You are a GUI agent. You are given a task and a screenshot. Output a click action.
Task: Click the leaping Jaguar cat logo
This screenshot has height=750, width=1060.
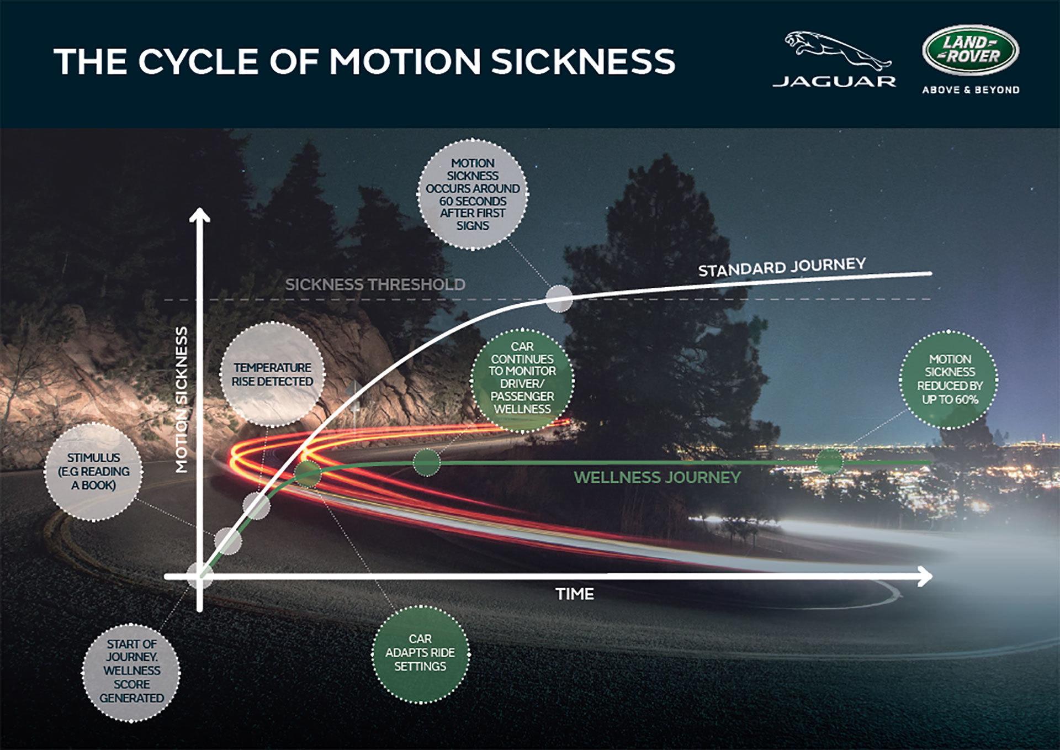(836, 51)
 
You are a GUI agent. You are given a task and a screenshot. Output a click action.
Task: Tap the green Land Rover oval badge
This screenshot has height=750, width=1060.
(970, 50)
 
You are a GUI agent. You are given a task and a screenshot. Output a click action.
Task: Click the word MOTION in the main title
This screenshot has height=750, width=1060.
(405, 61)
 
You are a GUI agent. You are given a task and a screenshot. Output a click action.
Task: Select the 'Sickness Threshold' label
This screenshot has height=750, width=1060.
(375, 284)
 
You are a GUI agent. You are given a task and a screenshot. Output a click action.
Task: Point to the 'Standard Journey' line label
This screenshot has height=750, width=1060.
(782, 267)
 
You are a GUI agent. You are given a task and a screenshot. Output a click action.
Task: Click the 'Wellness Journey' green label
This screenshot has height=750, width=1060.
(657, 477)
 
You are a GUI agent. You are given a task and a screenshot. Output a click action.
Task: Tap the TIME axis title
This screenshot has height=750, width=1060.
(575, 594)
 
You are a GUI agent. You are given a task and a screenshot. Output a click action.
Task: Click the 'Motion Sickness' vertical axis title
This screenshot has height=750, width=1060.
(182, 399)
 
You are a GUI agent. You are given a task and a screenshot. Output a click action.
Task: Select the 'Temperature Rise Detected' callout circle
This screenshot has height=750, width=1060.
(272, 374)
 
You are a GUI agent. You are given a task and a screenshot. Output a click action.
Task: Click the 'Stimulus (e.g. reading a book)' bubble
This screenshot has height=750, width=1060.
(93, 472)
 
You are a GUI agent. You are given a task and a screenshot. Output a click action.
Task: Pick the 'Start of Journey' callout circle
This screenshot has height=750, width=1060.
(131, 671)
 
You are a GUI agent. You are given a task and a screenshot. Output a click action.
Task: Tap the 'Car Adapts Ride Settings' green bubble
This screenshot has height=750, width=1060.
(420, 653)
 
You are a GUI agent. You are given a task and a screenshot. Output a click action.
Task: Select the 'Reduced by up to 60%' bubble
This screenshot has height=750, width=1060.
(949, 379)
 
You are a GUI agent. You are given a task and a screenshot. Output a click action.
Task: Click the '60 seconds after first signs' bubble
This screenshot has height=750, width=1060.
(473, 194)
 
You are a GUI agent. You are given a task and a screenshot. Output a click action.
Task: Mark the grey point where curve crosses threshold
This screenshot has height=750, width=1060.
(559, 299)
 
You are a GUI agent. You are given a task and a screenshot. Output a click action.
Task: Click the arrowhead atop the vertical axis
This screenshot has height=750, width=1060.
(199, 216)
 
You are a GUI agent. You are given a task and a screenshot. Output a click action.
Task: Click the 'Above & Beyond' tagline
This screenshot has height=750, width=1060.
(971, 90)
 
